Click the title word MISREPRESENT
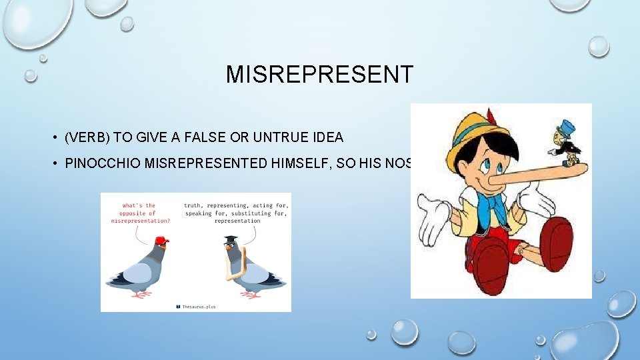click(319, 75)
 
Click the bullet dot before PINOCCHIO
click(55, 163)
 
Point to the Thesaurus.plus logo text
click(198, 306)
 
